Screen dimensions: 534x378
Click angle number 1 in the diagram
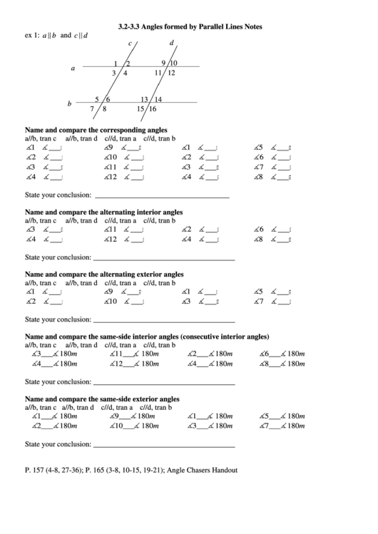coord(116,64)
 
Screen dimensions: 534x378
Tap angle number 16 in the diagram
coord(152,109)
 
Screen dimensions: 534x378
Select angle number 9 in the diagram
coord(163,63)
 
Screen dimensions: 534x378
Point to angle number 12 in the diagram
coord(171,73)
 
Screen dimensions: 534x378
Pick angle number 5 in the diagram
coord(97,100)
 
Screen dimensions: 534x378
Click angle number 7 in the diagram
coord(92,109)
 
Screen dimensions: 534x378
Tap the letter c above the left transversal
coord(130,44)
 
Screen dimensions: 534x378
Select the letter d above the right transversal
coord(171,43)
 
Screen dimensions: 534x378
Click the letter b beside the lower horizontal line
coord(69,104)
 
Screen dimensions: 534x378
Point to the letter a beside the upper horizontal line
coord(73,68)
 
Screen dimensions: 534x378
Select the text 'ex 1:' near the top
coord(32,35)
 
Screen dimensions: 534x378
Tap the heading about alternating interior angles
coord(103,212)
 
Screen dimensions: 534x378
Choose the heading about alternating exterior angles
coord(104,274)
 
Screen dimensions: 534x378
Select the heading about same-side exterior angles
coord(102,399)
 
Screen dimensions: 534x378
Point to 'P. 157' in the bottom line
coord(35,470)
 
